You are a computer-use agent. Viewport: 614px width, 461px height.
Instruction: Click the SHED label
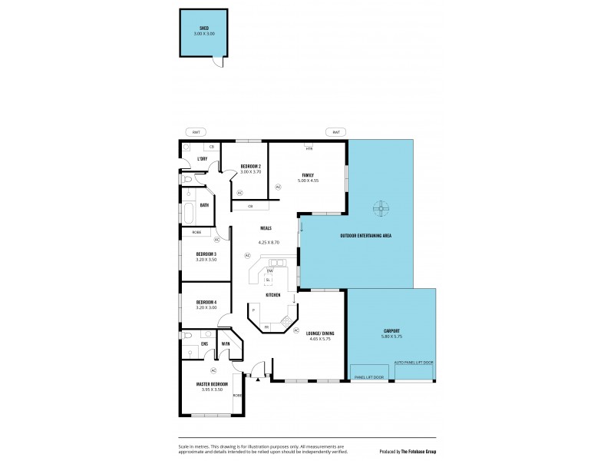203,28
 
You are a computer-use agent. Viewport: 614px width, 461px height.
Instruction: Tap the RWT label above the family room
335,132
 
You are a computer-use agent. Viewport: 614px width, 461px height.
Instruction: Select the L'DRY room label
202,159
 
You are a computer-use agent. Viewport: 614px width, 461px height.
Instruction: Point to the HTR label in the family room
309,148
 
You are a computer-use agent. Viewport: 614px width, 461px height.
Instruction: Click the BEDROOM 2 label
251,167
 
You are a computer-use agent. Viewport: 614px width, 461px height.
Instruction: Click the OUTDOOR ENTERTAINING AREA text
366,235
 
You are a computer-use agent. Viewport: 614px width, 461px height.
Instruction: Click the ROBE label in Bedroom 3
196,231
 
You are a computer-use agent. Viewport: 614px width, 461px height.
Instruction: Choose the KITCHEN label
272,295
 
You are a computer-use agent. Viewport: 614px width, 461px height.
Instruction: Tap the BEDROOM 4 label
206,302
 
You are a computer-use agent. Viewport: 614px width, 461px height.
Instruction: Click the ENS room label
205,343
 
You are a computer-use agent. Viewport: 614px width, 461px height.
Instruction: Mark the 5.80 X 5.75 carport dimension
391,337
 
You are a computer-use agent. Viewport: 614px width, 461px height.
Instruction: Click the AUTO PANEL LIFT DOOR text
414,362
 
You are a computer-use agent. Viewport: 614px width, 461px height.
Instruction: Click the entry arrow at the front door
258,378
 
